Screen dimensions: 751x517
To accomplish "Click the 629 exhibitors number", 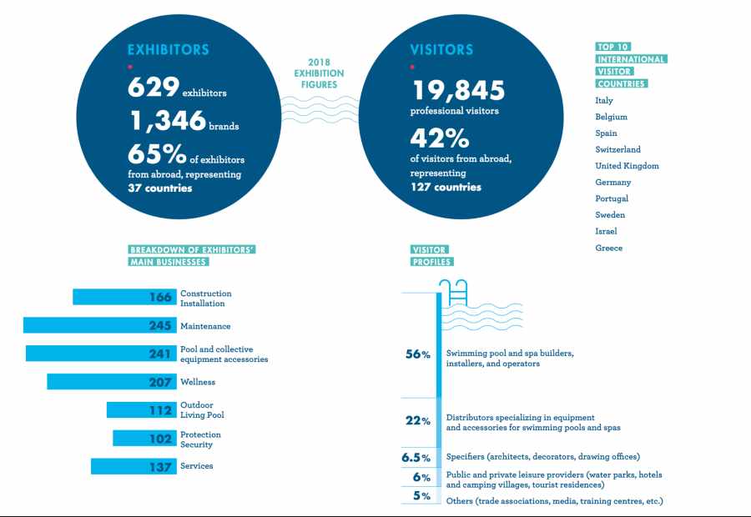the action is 154,87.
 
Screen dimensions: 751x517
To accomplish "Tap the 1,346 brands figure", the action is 168,120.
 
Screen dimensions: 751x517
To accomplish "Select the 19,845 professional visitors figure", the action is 458,90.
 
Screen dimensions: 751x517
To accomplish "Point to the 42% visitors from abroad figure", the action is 439,138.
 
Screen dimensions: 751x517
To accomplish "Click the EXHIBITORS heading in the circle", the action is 168,50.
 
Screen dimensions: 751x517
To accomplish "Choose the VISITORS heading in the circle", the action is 441,50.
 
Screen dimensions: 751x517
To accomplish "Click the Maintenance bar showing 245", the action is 99,325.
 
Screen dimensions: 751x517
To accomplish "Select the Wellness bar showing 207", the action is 112,382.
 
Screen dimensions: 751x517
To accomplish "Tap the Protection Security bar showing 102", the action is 144,438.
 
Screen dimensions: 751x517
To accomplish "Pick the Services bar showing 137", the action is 134,466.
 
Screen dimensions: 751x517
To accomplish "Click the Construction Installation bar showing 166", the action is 124,297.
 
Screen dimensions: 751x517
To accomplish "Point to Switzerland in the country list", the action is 617,149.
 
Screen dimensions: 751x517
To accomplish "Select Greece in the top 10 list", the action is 609,248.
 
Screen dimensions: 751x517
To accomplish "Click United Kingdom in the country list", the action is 627,166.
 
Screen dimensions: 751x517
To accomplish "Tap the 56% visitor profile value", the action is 418,354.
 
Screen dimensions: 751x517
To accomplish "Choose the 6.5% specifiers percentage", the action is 416,458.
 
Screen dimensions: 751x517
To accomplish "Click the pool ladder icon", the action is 454,292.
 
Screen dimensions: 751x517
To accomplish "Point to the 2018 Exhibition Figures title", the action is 319,73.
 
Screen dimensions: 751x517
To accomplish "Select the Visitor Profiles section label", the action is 431,256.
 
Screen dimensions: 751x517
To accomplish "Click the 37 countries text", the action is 160,188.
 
